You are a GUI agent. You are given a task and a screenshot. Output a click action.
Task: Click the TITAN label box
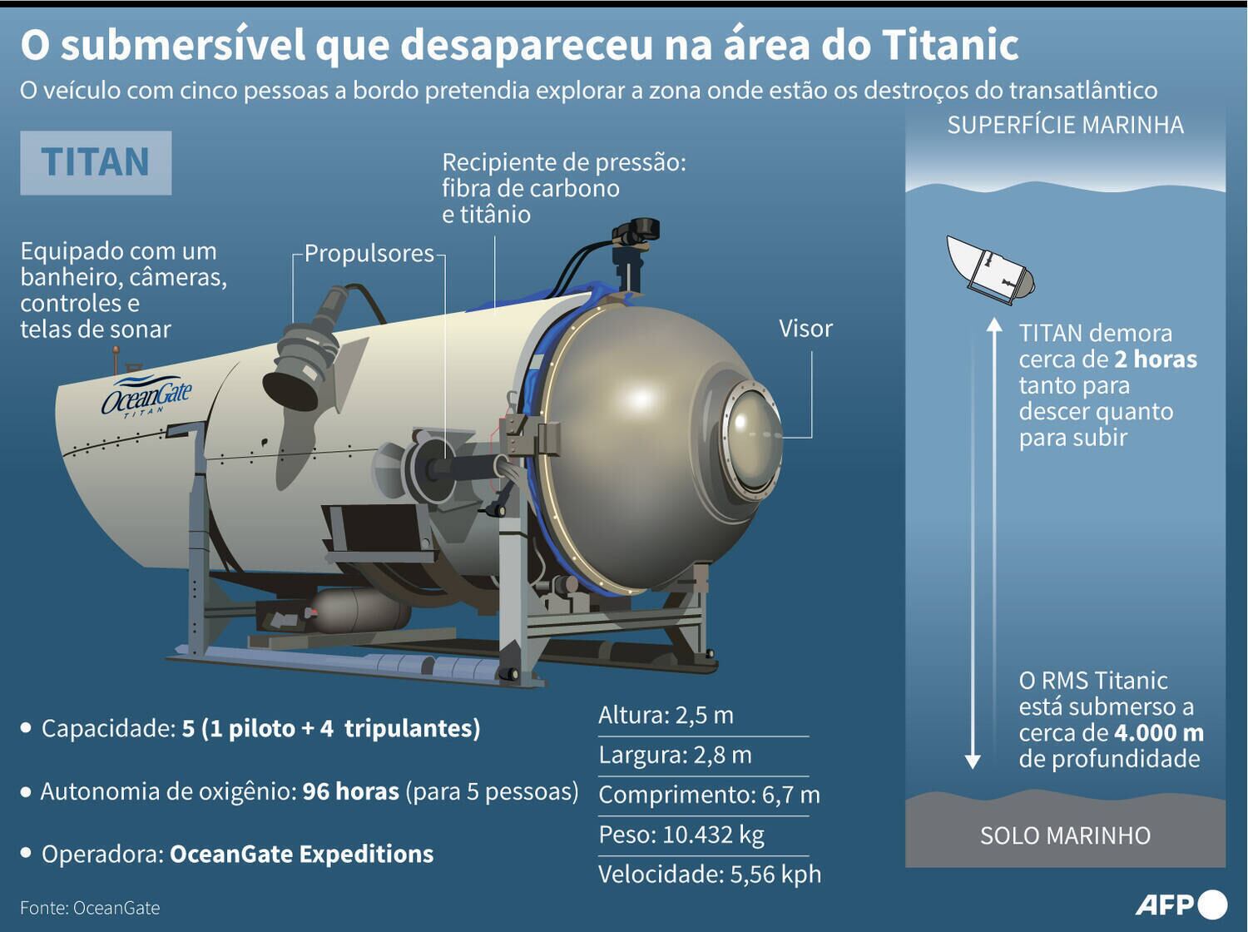(96, 162)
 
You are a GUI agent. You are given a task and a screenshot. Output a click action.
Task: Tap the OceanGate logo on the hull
(147, 398)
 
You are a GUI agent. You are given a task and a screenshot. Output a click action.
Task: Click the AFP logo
(1181, 904)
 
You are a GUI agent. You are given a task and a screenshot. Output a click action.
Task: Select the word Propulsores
(369, 253)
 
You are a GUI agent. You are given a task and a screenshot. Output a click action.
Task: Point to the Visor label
(805, 329)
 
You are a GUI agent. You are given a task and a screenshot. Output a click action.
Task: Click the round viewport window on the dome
(753, 440)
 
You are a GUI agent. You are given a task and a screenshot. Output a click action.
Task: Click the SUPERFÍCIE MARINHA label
(1065, 125)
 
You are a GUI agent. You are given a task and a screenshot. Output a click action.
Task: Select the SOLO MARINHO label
(1065, 835)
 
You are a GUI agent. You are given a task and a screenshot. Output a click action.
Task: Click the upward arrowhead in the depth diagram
(994, 325)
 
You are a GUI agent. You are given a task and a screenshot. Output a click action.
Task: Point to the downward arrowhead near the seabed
(972, 761)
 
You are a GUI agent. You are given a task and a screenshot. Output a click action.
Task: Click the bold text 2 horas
(1156, 359)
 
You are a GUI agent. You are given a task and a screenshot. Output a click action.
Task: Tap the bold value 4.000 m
(1159, 733)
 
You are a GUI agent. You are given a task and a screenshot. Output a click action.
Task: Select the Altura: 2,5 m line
(666, 715)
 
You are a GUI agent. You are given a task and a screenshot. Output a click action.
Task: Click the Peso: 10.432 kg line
(681, 834)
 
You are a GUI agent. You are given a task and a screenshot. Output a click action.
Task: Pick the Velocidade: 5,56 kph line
(709, 874)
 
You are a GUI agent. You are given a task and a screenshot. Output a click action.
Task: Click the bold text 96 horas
(350, 791)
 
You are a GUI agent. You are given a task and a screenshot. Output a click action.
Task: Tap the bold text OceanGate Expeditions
(301, 854)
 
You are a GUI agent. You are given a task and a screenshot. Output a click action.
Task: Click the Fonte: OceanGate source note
(90, 908)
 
